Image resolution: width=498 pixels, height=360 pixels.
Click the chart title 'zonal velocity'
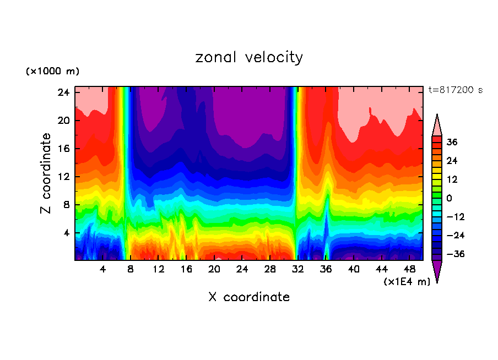[249, 57]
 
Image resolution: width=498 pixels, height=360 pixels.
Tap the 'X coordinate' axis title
[249, 297]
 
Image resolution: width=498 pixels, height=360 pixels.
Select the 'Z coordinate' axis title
[46, 173]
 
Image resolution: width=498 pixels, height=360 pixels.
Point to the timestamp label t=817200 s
[455, 90]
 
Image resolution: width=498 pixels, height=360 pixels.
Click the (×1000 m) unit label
[52, 72]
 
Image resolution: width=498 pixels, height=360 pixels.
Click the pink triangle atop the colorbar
[437, 126]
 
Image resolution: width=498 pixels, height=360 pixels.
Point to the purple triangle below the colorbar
[437, 270]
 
